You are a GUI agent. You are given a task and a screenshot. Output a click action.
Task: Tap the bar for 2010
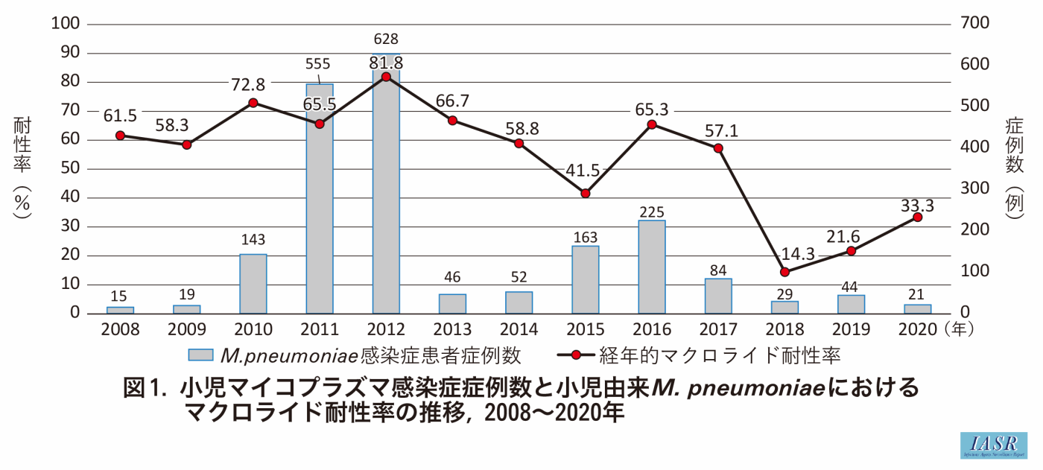[253, 284]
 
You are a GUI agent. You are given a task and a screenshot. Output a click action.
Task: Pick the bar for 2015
[586, 279]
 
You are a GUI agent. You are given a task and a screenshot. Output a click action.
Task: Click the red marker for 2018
[784, 272]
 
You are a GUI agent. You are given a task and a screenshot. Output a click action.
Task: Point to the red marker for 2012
[386, 77]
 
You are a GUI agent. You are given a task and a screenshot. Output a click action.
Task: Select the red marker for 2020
[917, 217]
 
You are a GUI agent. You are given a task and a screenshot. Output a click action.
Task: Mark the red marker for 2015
[586, 193]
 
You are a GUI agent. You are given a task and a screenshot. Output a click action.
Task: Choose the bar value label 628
[386, 38]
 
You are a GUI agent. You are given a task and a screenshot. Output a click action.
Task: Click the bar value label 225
[652, 212]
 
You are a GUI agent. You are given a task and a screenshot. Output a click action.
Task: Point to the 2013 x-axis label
[452, 329]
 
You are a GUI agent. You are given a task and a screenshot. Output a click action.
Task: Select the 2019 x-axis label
[851, 329]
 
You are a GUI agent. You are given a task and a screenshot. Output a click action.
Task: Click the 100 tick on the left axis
[63, 23]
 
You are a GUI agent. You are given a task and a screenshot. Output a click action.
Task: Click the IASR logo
[993, 444]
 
